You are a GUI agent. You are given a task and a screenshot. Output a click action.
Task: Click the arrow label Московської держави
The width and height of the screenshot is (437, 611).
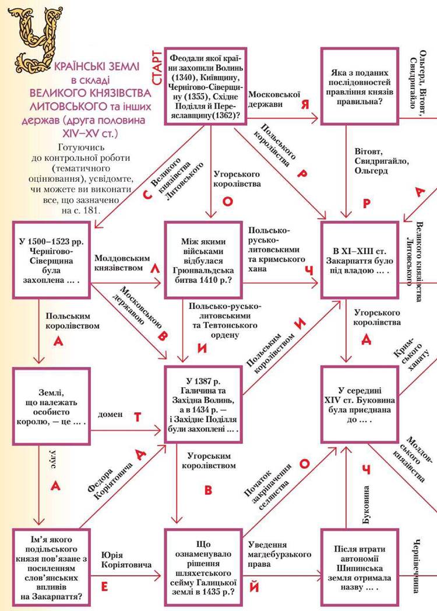click(274, 99)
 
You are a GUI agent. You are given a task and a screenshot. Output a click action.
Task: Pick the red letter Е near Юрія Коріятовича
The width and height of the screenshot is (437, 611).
click(105, 587)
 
